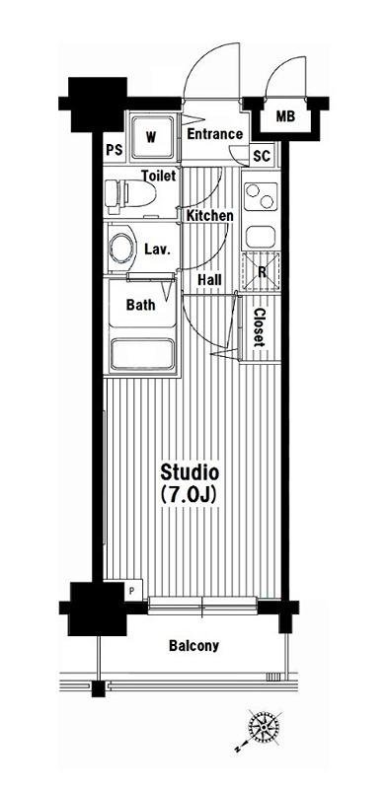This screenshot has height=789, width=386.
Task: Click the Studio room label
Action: tap(190, 472)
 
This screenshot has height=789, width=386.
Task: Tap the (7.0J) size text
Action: tap(189, 495)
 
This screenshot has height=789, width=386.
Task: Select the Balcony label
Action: tap(194, 646)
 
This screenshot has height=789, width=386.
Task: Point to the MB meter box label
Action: tap(285, 116)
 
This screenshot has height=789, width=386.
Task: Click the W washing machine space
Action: tap(154, 137)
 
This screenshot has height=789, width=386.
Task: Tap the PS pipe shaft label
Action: tap(115, 151)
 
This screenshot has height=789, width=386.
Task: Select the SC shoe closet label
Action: tap(262, 156)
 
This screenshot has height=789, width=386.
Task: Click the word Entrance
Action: tap(215, 134)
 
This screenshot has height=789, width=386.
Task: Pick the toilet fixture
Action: tap(129, 193)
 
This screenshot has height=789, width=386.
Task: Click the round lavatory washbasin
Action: tap(122, 248)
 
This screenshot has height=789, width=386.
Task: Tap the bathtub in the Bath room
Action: tap(142, 354)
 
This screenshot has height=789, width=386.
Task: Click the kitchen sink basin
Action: tap(261, 236)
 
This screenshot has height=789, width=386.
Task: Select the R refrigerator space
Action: tap(261, 271)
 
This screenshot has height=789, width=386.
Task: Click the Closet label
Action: tap(259, 327)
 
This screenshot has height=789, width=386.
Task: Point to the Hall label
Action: tap(209, 280)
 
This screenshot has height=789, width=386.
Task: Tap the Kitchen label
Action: tap(210, 215)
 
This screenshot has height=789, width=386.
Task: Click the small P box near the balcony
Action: tap(132, 591)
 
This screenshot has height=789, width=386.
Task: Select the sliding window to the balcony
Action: tap(202, 606)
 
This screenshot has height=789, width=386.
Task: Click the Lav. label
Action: tap(156, 249)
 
